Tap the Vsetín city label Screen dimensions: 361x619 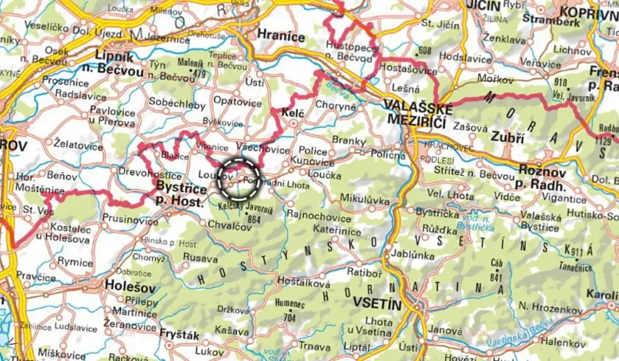pos(377,305)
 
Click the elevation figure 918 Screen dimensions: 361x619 pos(560,82)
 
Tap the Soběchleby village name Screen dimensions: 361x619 pos(176,101)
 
